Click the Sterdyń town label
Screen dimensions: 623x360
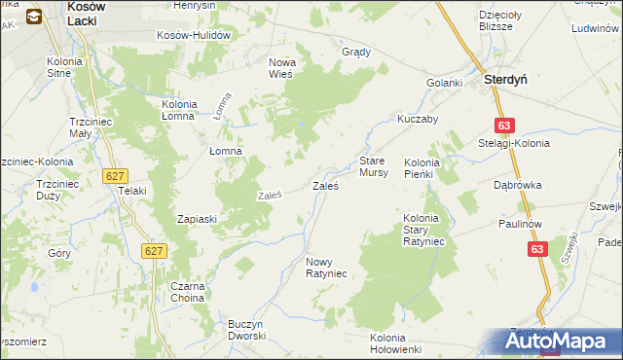506,83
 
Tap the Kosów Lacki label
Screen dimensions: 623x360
92,13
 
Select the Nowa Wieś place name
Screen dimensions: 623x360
288,68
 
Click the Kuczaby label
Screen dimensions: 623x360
418,119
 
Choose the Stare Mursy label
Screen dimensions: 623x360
374,165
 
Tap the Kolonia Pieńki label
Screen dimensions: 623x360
430,167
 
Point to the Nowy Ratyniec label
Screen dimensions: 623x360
326,268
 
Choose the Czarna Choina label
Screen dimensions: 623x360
190,292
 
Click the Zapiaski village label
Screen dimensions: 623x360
196,219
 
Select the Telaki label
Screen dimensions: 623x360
131,191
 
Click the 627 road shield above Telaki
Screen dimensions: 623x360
115,173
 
